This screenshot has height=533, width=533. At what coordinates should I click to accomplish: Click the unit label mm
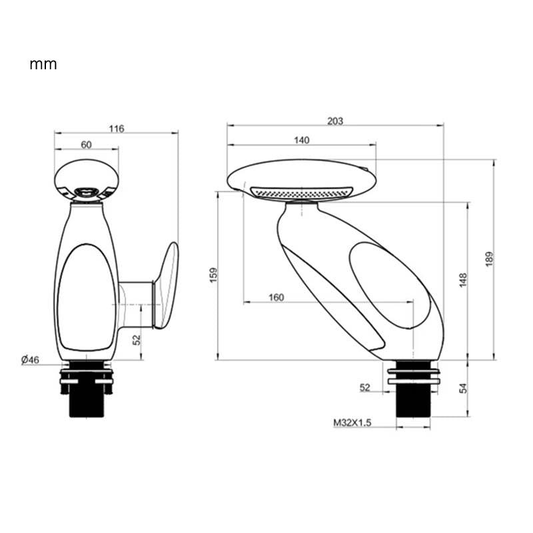click(43, 65)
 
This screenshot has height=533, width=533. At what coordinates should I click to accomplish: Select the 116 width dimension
click(117, 129)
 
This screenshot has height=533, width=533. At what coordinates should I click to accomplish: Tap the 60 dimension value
click(87, 145)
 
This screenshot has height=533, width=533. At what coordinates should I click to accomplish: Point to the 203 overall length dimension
click(335, 121)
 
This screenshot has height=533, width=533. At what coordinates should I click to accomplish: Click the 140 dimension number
click(301, 140)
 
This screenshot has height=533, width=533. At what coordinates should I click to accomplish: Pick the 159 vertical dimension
click(213, 275)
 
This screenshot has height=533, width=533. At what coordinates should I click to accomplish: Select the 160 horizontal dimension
click(276, 297)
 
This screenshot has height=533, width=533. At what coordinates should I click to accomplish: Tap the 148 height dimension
click(463, 280)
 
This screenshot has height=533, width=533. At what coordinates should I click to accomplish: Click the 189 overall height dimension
click(489, 259)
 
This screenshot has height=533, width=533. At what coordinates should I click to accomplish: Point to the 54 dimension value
click(463, 388)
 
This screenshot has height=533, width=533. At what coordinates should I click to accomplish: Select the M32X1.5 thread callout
click(352, 422)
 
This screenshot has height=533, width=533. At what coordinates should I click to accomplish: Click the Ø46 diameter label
click(31, 360)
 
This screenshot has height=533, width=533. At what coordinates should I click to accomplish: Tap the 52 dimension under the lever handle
click(137, 340)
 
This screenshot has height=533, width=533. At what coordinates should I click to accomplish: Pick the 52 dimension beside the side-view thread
click(365, 387)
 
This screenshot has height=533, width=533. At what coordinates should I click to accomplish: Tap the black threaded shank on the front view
click(87, 398)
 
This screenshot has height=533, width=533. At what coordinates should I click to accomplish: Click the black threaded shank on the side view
click(413, 400)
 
